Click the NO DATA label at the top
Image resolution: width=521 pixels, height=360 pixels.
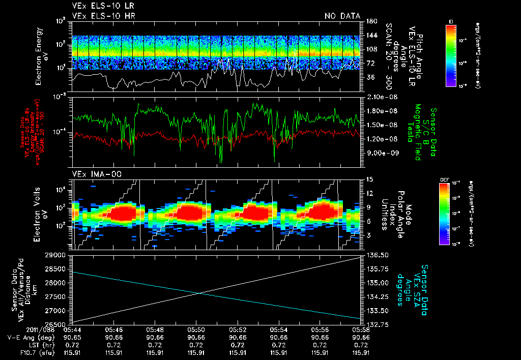click(342, 16)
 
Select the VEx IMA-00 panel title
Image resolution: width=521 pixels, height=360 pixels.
click(92, 174)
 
